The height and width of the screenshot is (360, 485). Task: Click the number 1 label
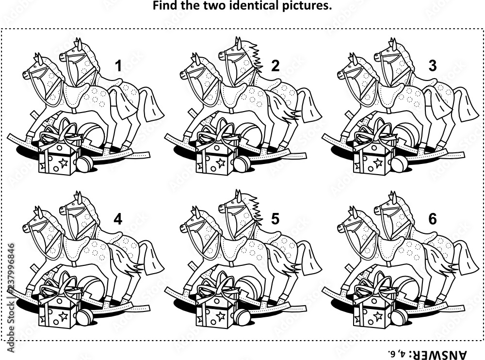tap(118, 66)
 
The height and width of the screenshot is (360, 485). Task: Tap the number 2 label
tap(275, 66)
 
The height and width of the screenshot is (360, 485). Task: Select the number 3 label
tap(433, 66)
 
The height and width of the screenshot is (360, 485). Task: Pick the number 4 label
tap(118, 219)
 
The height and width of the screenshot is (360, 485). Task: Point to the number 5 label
tap(275, 219)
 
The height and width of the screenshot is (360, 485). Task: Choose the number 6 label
tap(433, 219)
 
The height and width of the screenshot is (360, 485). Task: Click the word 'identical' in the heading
tap(255, 5)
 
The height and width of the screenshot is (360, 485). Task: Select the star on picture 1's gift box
tap(64, 163)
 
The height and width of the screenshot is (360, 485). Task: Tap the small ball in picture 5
tap(242, 317)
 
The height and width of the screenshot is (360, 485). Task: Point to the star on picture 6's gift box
tap(378, 316)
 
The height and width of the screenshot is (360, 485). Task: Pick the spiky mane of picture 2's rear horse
tap(256, 56)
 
